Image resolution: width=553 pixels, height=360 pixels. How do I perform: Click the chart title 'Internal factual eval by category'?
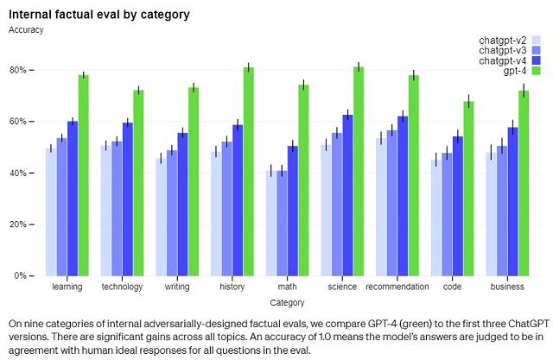point(99,15)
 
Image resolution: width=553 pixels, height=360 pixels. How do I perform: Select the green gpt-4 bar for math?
point(303,180)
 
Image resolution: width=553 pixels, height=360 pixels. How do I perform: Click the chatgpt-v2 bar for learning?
point(51,212)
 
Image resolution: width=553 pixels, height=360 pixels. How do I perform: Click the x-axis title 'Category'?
point(287,303)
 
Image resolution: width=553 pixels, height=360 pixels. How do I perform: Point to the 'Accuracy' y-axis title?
point(26,29)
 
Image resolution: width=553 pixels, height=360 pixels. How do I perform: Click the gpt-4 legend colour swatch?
point(536,71)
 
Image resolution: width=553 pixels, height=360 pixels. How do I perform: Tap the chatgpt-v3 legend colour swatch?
point(536,50)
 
